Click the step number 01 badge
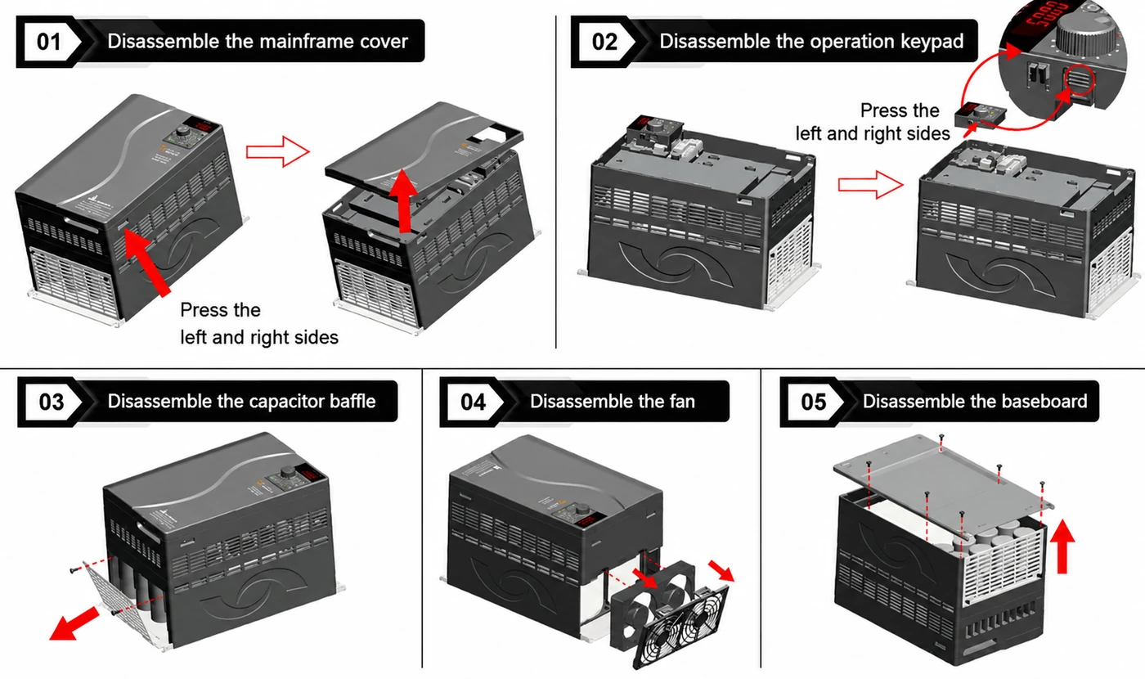(49, 42)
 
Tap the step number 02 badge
(604, 42)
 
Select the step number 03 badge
(51, 402)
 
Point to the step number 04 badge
(473, 402)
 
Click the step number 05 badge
(813, 402)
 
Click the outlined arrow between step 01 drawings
(277, 152)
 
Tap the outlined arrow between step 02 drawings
(870, 185)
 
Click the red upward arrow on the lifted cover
(404, 200)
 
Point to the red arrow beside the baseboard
(1062, 546)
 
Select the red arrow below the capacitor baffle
(74, 623)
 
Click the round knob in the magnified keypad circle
(1083, 32)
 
